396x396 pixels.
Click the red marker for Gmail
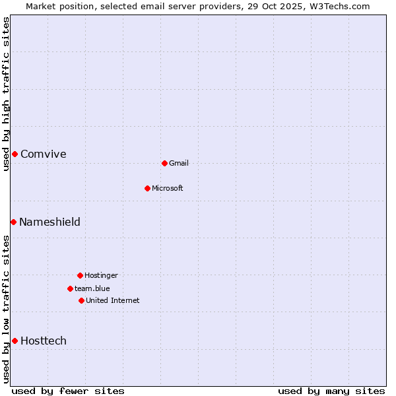164,163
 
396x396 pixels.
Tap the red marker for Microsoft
147,188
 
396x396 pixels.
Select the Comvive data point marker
15,154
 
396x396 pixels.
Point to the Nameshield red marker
13,222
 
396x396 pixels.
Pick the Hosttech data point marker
15,341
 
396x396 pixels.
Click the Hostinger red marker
80,275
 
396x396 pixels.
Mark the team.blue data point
70,288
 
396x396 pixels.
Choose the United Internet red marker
81,300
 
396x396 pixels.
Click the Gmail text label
179,164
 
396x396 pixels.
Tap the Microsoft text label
168,189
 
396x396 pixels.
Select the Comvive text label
44,154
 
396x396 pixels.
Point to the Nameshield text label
49,222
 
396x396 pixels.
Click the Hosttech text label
44,341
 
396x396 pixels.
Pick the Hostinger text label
101,276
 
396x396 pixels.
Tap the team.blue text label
92,289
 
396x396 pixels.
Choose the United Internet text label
113,301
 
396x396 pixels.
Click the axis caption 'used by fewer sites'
68,391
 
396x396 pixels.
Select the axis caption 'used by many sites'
331,391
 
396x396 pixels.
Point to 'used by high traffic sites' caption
7,94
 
